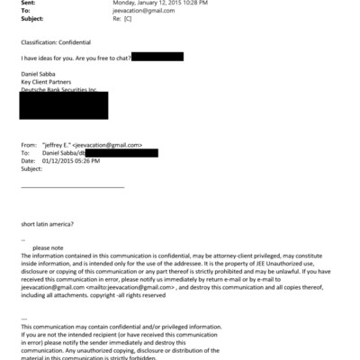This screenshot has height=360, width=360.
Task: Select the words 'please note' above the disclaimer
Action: pyautogui.click(x=49, y=247)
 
